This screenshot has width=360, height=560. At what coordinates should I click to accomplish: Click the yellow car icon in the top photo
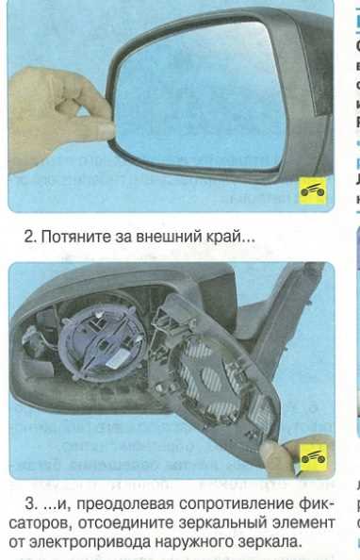click(x=314, y=191)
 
